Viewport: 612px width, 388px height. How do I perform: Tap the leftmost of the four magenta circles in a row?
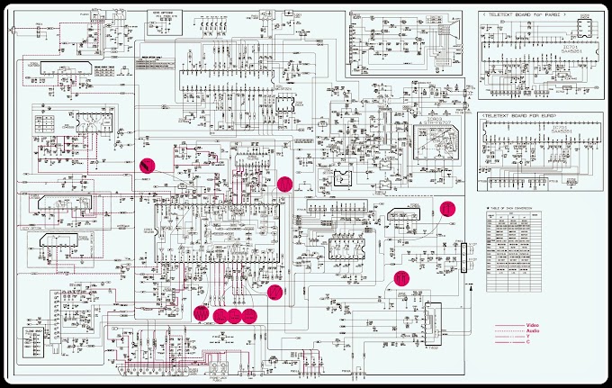pos(201,314)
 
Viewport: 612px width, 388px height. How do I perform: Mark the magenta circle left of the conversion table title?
pos(447,207)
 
